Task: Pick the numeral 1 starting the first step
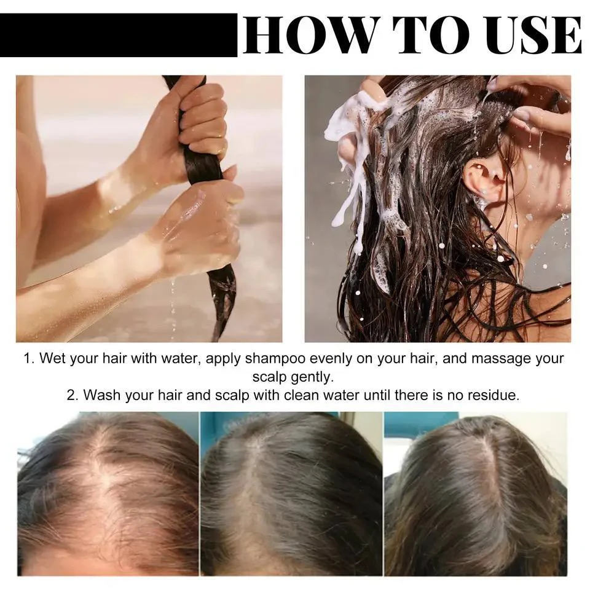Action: [28, 359]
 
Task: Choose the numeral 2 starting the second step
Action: [71, 395]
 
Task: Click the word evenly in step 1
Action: [323, 359]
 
